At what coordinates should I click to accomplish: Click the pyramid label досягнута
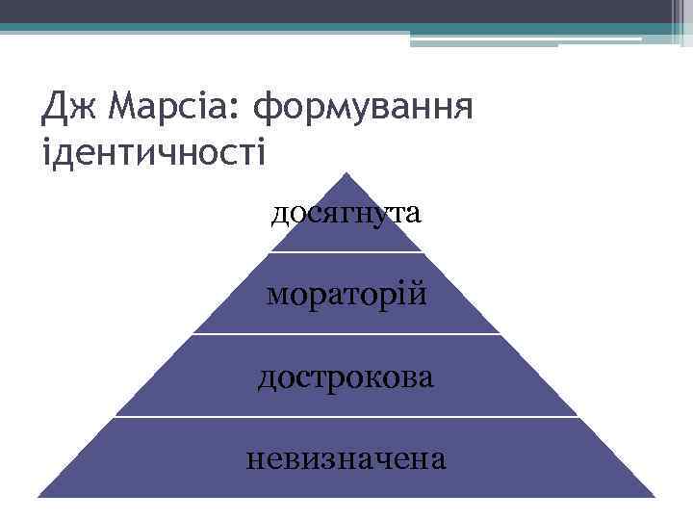point(346,213)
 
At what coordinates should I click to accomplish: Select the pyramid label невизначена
point(346,457)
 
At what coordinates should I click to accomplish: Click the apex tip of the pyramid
point(346,175)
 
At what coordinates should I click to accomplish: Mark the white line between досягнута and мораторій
point(346,252)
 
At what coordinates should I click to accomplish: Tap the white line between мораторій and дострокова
point(346,334)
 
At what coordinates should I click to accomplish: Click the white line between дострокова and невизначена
point(346,417)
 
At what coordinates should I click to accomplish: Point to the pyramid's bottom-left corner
point(39,495)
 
